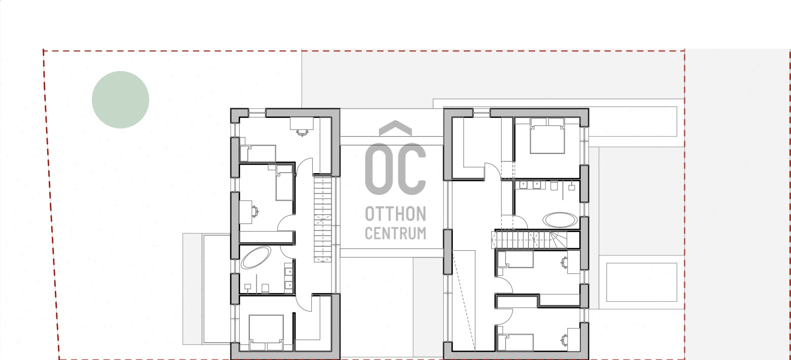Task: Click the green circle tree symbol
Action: pos(120,100)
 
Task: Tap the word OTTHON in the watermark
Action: pos(395,214)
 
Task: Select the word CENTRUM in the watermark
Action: pos(395,234)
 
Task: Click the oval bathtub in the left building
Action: pos(256,257)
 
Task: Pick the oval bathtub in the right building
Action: pos(560,220)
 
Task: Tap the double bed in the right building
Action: pos(547,136)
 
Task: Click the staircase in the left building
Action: pos(323,219)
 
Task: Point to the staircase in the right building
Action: pos(529,240)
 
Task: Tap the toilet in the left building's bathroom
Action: pos(265,288)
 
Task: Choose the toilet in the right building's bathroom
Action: pos(554,186)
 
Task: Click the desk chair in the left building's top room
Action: pos(302,133)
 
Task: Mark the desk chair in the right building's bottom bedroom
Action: pos(564,340)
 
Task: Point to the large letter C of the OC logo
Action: pos(411,169)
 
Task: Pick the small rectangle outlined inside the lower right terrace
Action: pos(642,282)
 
